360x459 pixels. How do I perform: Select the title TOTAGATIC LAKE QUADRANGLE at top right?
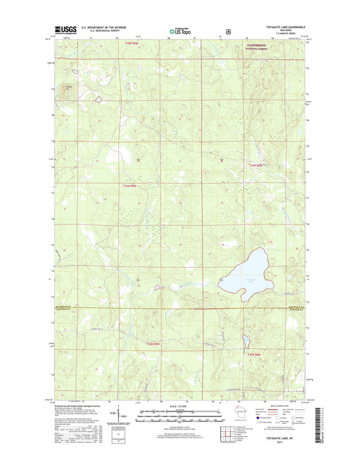click(281, 27)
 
